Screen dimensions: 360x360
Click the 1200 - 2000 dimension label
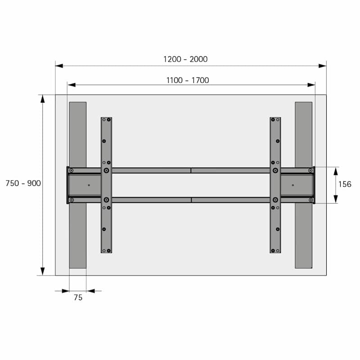click(185, 59)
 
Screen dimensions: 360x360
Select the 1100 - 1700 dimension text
click(188, 81)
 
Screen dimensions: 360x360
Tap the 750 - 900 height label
click(23, 183)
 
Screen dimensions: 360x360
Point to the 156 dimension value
click(345, 184)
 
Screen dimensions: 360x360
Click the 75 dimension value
click(78, 297)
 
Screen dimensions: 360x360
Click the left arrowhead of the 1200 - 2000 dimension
click(59, 66)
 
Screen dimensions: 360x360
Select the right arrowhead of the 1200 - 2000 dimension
click(322, 66)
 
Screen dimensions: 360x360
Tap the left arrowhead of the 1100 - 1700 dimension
click(72, 85)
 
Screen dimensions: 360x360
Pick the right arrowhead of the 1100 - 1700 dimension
click(311, 85)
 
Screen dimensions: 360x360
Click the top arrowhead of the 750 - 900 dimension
click(42, 99)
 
